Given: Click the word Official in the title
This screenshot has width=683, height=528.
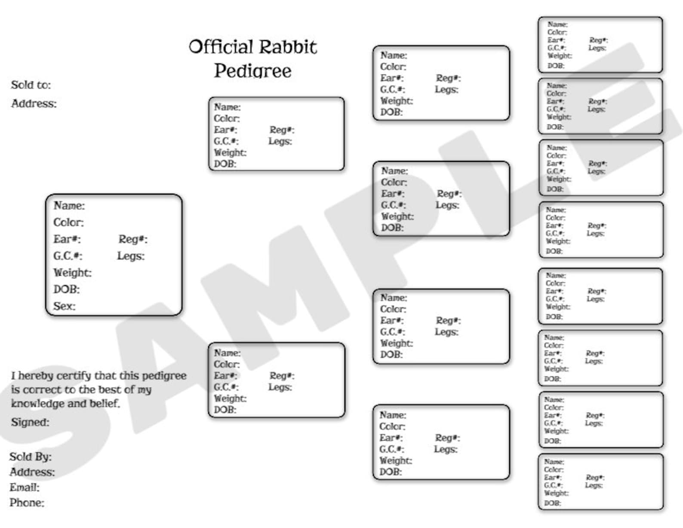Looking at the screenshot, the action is (220, 47).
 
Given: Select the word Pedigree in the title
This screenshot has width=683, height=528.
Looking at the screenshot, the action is (252, 71).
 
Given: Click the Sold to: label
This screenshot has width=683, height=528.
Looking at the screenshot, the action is (31, 85).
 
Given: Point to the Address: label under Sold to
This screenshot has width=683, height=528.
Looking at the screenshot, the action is (34, 104).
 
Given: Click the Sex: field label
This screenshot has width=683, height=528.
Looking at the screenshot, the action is (64, 306).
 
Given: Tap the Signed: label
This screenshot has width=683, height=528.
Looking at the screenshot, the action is (30, 422).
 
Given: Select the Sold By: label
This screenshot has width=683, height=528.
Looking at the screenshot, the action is (30, 457).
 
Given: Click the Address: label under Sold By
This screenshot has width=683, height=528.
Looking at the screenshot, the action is (32, 472).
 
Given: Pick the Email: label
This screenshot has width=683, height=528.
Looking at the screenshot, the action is (25, 488).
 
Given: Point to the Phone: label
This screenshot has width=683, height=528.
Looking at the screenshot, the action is (27, 503).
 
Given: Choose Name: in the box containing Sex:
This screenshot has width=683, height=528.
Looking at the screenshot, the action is (69, 206).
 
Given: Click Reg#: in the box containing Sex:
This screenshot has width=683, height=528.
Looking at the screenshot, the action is (133, 239).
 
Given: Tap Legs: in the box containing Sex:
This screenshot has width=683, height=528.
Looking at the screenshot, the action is (131, 256).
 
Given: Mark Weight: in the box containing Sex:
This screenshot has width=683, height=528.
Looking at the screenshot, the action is (72, 273).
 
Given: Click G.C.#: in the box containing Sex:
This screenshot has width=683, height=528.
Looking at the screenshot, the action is (68, 256).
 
